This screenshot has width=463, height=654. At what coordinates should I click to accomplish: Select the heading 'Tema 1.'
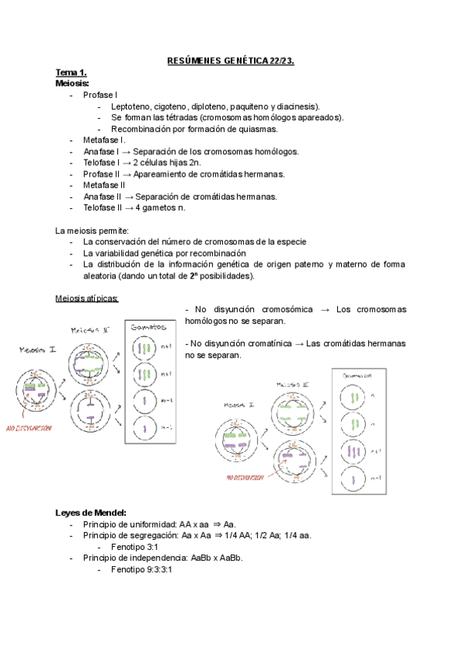[x=71, y=72]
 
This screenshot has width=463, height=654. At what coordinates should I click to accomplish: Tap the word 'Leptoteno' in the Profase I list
[x=132, y=106]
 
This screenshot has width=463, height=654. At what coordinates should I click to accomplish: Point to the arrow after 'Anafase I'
[x=125, y=151]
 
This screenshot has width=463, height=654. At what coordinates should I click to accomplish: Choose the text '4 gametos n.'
[x=159, y=207]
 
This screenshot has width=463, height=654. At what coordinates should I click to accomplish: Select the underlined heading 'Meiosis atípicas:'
[x=87, y=298]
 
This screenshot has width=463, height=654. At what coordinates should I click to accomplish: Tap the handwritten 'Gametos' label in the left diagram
[x=149, y=327]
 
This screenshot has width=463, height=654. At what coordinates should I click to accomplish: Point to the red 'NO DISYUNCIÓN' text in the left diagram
[x=29, y=427]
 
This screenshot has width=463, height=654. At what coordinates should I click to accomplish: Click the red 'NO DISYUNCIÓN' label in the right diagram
[x=245, y=477]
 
